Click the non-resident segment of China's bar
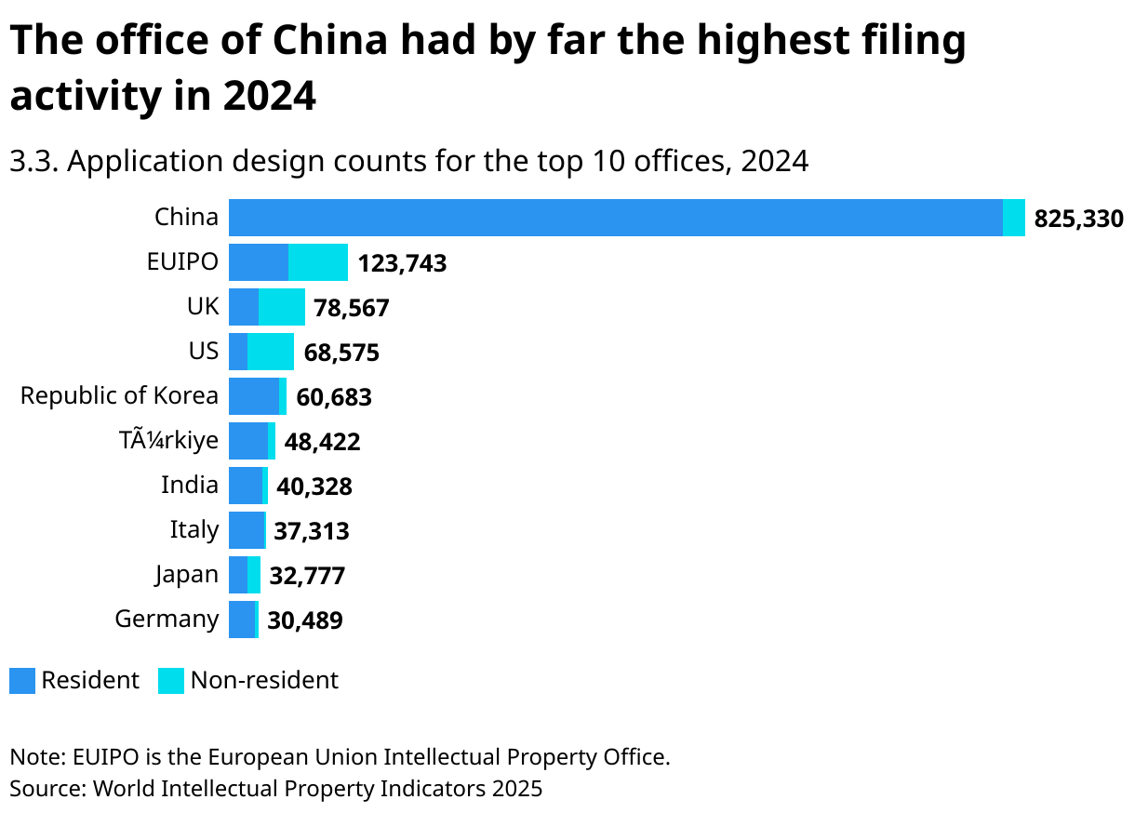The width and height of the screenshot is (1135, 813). [1014, 218]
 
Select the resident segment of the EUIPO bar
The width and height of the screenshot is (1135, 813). [258, 262]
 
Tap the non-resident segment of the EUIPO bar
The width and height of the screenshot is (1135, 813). [318, 262]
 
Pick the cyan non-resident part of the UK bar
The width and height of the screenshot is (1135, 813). [282, 307]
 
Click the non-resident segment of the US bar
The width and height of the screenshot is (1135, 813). [271, 352]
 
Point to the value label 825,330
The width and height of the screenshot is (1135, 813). [1078, 220]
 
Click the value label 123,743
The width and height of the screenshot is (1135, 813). [402, 264]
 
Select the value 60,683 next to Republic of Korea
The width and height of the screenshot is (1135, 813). [334, 398]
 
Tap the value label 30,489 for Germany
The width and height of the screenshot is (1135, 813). [305, 620]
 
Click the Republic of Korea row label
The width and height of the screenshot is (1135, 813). [119, 395]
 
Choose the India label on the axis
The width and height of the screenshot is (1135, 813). [190, 485]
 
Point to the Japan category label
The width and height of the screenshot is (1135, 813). [186, 575]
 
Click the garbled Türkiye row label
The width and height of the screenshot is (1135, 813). [168, 440]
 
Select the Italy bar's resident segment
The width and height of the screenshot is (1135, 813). [247, 530]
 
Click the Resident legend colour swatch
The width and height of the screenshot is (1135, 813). [22, 681]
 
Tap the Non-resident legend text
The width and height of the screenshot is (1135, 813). [264, 681]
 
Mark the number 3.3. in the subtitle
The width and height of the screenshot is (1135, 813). [34, 162]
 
